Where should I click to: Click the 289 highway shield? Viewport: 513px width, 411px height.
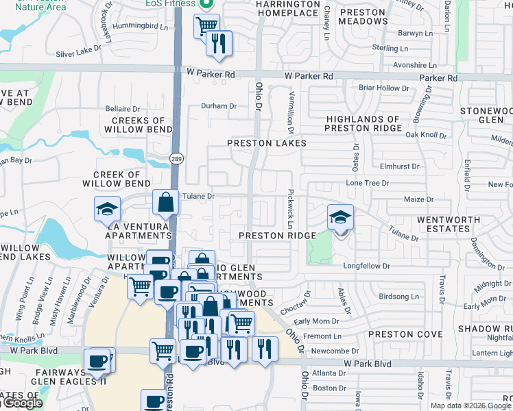pyautogui.click(x=176, y=159)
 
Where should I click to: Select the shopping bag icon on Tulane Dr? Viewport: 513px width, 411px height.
pyautogui.click(x=166, y=203)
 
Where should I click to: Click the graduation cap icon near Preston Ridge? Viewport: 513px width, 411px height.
pyautogui.click(x=340, y=218)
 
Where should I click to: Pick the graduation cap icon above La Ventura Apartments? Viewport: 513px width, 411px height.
pyautogui.click(x=107, y=209)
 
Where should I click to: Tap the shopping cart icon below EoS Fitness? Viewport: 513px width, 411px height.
pyautogui.click(x=206, y=27)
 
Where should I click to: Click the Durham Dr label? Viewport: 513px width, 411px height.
pyautogui.click(x=218, y=106)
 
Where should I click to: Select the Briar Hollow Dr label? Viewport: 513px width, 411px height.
pyautogui.click(x=383, y=88)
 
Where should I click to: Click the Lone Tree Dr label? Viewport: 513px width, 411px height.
pyautogui.click(x=368, y=184)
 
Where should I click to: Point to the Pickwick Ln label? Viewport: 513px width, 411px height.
pyautogui.click(x=291, y=210)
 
